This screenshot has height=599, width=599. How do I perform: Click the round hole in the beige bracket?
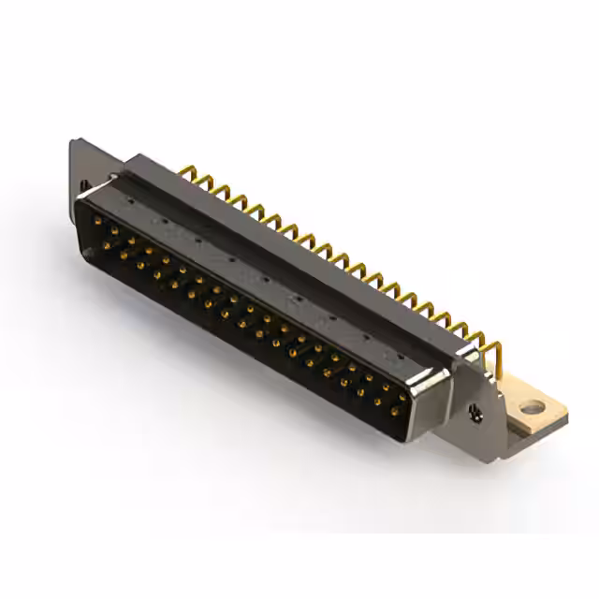[532, 407]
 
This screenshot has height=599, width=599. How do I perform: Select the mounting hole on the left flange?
[83, 185]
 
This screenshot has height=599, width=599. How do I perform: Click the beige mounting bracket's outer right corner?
[567, 412]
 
